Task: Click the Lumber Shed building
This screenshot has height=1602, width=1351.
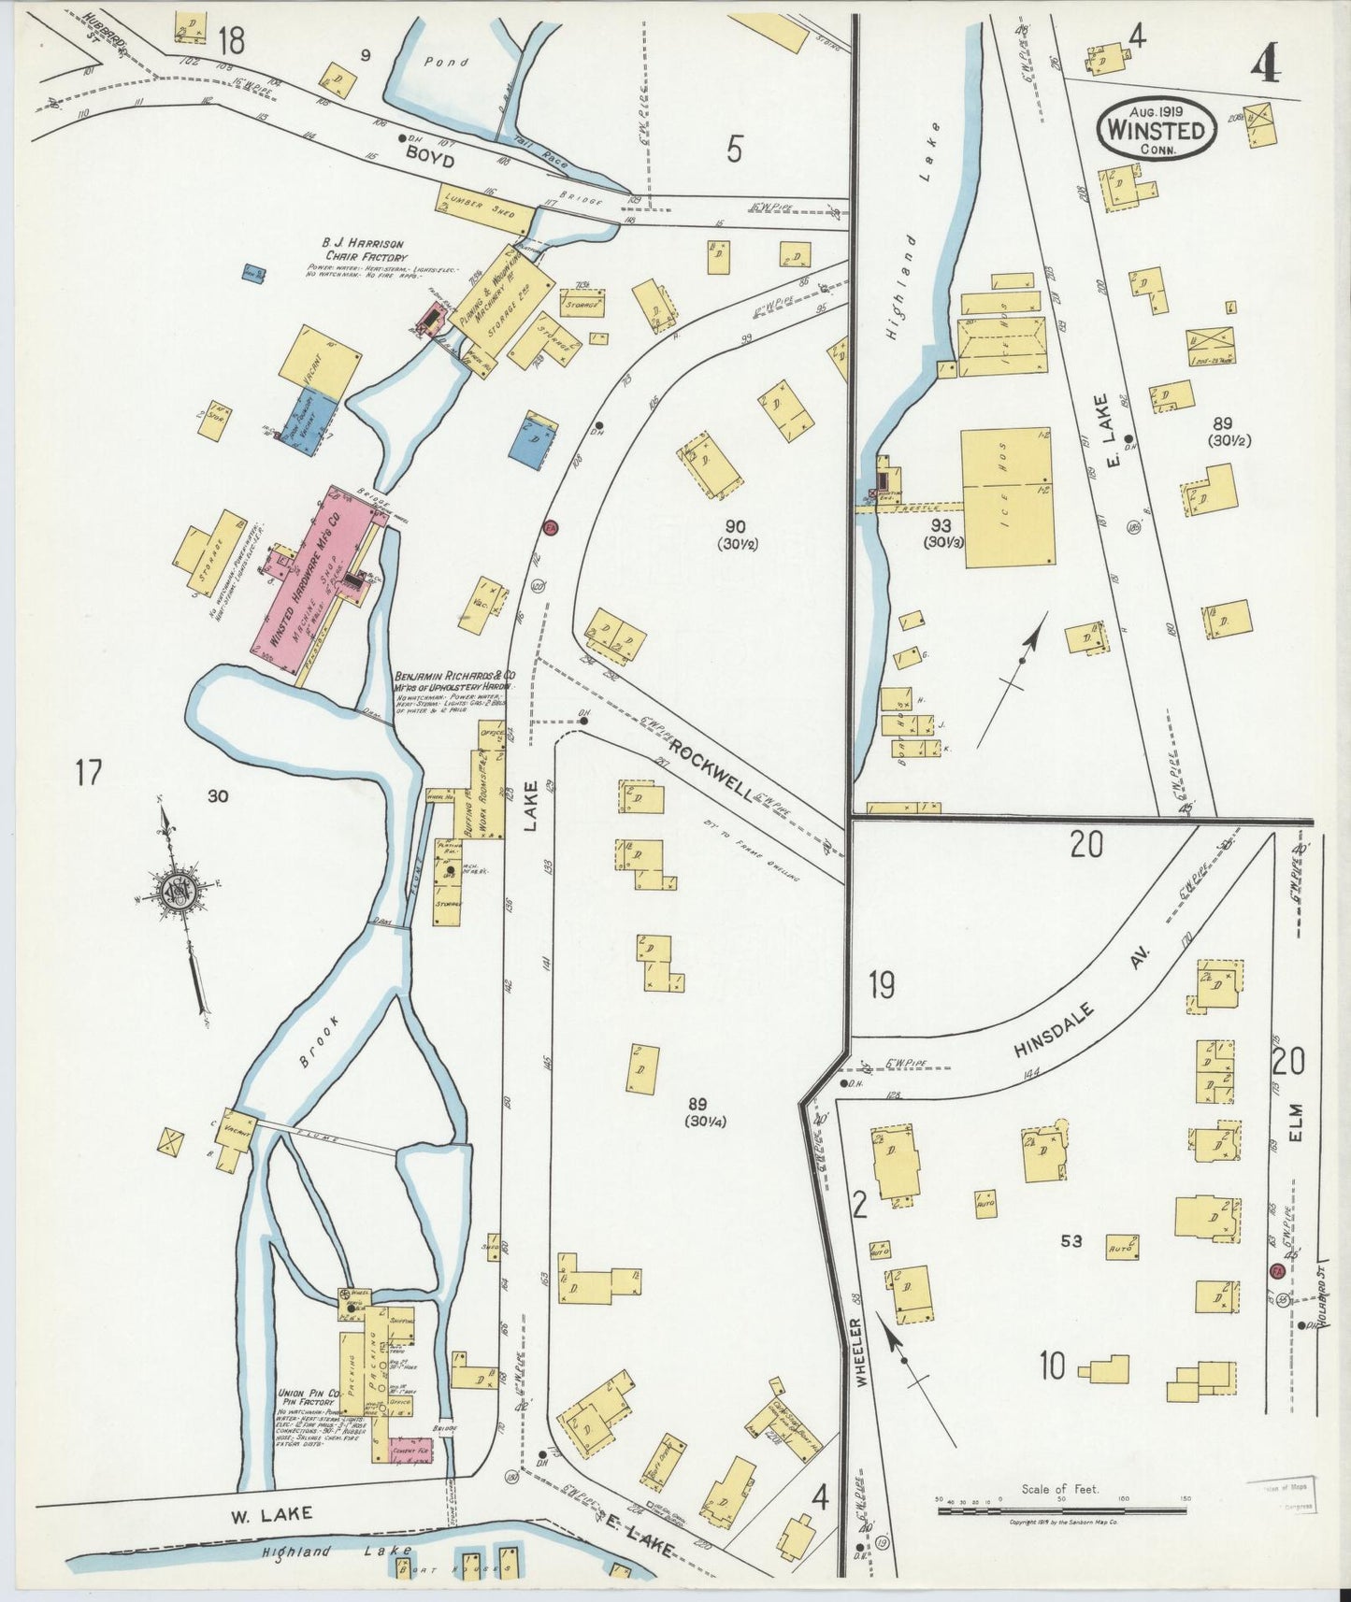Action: click(x=485, y=207)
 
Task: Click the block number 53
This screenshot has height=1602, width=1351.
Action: click(x=1071, y=1241)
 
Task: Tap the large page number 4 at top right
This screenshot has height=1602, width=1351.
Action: click(x=1268, y=64)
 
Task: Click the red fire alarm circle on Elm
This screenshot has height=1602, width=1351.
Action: click(x=1277, y=1272)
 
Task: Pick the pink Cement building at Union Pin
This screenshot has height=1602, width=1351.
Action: click(x=410, y=1450)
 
